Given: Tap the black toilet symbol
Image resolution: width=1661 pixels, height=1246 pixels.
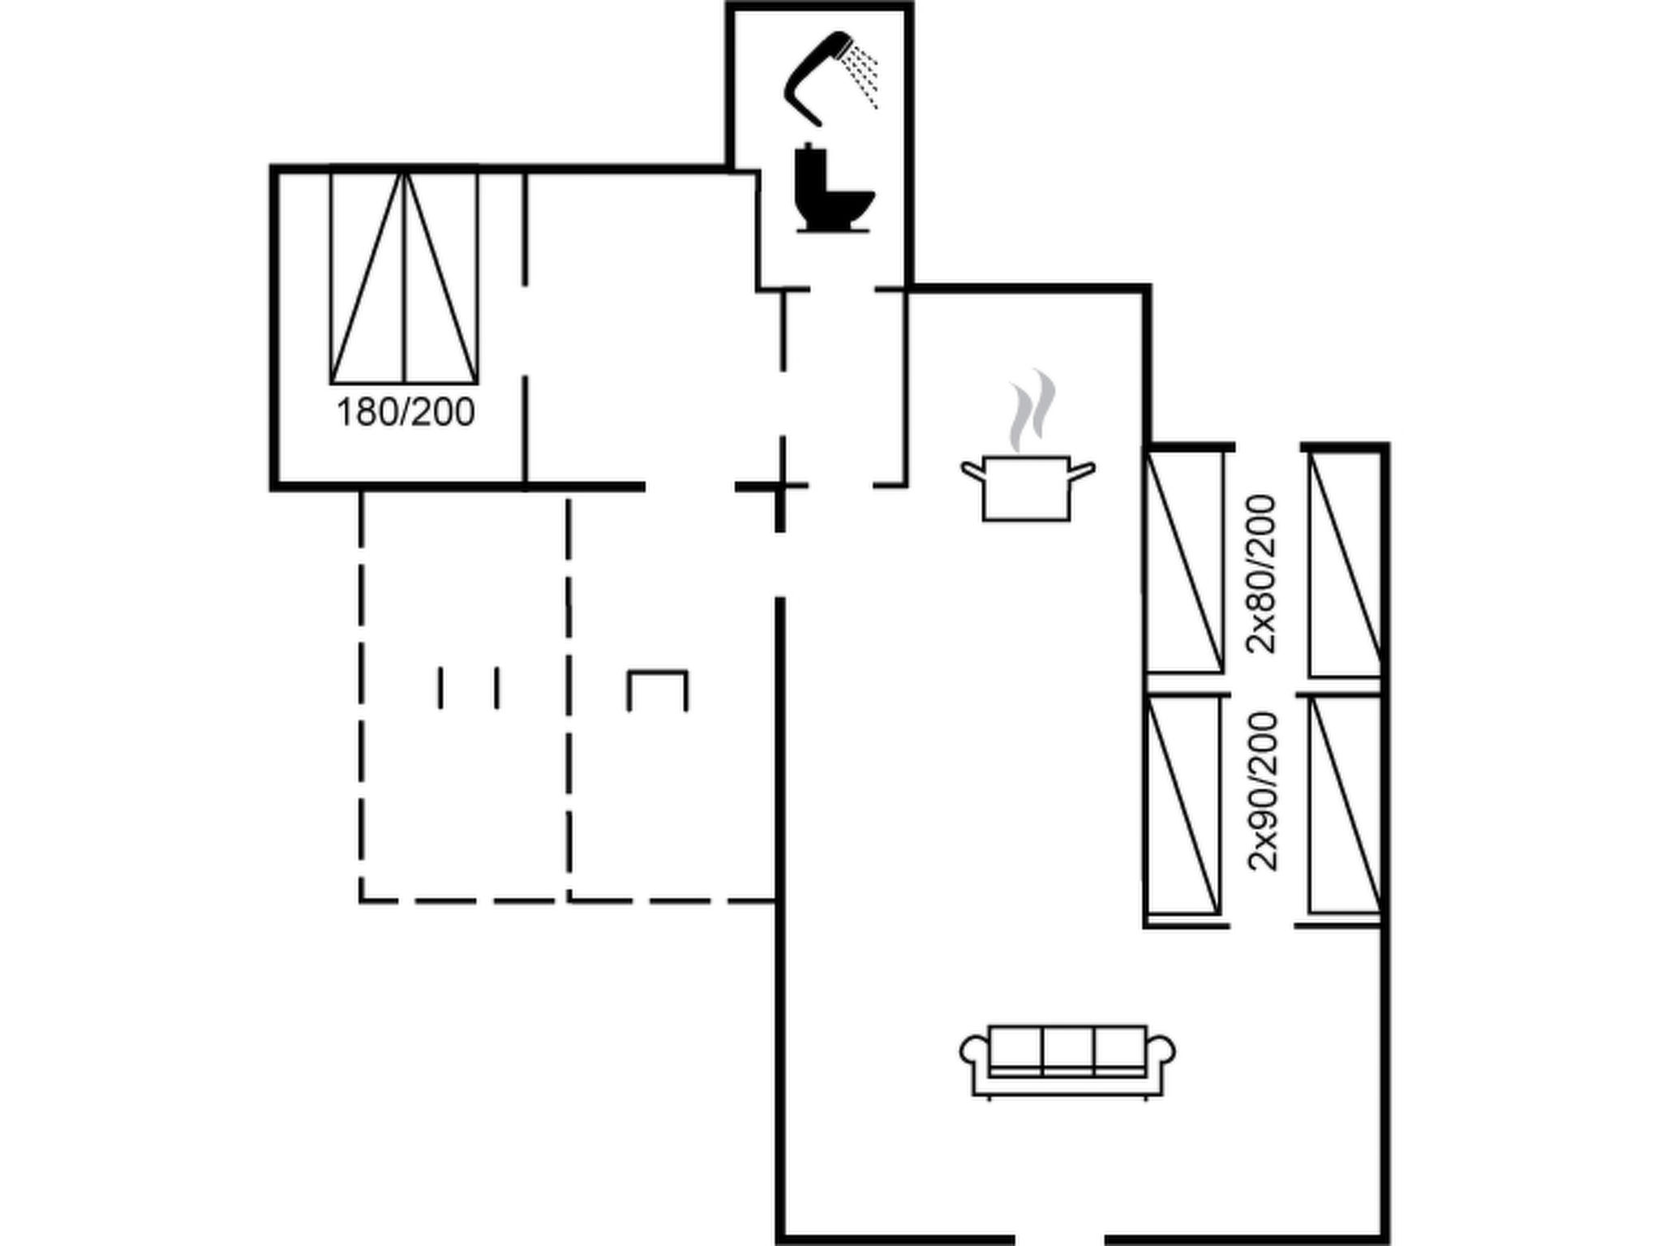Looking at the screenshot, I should [830, 191].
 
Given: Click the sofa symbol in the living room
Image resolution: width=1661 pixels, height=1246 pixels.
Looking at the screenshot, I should [1067, 1062].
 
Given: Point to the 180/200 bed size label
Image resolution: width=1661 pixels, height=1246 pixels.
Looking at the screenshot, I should [406, 413].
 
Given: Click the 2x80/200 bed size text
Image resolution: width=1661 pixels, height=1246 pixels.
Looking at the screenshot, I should [1262, 574].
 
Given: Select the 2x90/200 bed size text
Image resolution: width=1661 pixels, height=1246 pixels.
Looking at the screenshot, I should [1263, 792].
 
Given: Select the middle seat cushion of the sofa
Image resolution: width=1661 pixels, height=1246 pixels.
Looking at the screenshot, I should [1068, 1051].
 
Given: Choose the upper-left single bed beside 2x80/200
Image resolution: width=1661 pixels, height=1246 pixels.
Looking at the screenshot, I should [1184, 562].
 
